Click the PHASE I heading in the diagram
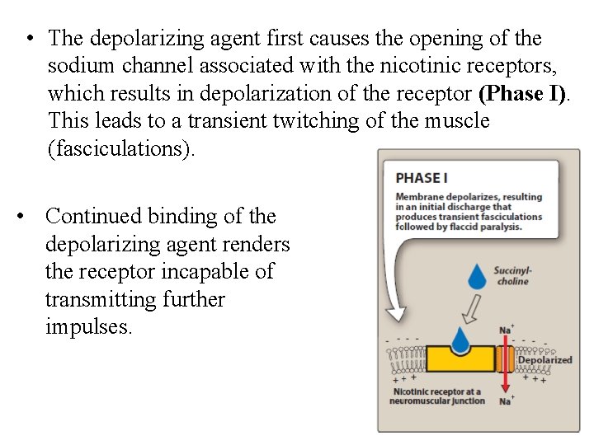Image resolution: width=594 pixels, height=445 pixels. [422, 177]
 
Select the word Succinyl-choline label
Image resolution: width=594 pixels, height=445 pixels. [512, 275]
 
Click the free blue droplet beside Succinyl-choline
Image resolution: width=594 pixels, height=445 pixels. [478, 275]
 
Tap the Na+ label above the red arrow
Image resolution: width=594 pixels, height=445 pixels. [505, 330]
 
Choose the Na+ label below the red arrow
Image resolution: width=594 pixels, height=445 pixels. [505, 400]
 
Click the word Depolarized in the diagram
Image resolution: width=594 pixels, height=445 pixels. [544, 360]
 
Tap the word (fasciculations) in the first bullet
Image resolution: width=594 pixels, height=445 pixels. [123, 149]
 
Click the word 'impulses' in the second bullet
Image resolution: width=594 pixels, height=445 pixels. [88, 326]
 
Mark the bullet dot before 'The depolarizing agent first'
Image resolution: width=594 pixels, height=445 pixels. [29, 39]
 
